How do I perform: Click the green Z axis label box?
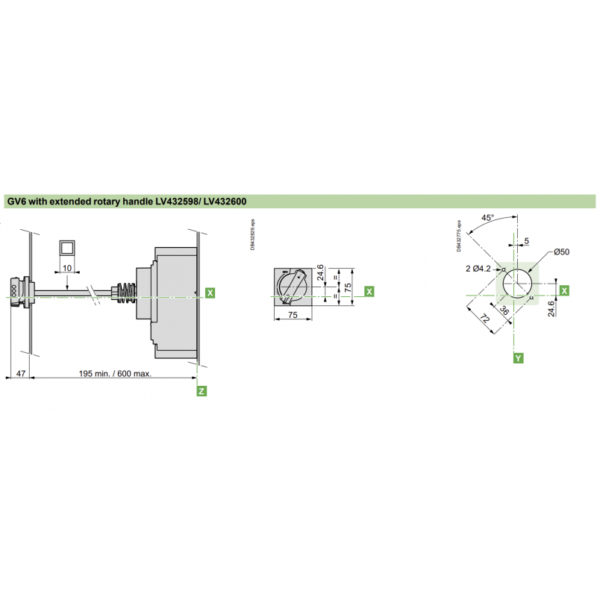click(201, 390)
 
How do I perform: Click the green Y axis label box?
click(518, 358)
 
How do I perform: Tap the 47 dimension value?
click(20, 373)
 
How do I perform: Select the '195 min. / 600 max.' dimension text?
click(115, 373)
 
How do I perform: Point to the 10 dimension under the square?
click(67, 267)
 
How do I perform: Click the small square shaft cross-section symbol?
click(67, 249)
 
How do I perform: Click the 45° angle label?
click(487, 218)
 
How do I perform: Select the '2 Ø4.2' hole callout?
click(477, 268)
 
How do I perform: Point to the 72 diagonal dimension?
click(484, 319)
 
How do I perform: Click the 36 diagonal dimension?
click(504, 312)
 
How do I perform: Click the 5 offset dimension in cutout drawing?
click(526, 241)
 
